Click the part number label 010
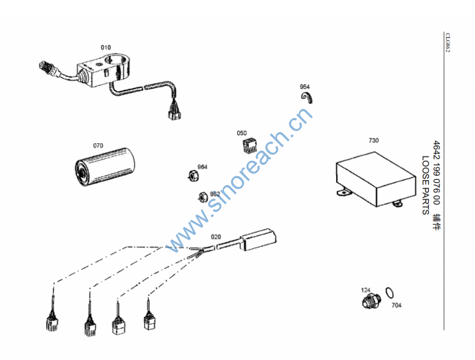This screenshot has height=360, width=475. pos(106,48)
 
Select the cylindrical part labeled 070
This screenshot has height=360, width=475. pos(105,167)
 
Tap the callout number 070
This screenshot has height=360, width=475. pos(98,146)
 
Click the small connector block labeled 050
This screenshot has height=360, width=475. pos(250,146)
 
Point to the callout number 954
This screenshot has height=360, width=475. pos(305,87)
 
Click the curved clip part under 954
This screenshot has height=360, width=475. pos(307,97)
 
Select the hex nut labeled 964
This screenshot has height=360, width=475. pos(193,176)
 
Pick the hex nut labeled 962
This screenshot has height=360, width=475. pos(203,197)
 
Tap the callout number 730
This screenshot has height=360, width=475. pos(373,141)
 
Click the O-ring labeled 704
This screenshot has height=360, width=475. pos(390,293)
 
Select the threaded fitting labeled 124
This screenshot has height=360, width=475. pos(372,301)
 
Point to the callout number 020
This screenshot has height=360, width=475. pos(216,237)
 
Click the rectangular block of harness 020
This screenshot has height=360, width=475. pos(258,239)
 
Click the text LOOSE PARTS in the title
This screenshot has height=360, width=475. pos(426,185)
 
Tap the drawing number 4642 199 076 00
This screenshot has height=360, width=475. pos(436,173)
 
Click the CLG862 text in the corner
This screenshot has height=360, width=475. pos(448,42)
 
